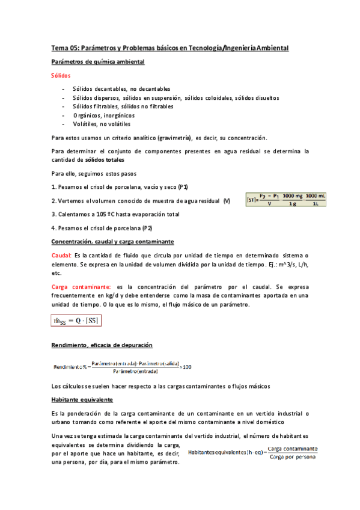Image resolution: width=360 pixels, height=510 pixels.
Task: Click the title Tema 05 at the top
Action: (x=169, y=48)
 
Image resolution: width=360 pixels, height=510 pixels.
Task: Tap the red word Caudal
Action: (x=61, y=256)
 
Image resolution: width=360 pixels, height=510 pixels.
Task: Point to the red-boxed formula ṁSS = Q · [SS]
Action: (x=76, y=321)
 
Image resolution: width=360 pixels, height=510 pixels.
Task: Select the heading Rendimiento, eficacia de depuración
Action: (x=102, y=345)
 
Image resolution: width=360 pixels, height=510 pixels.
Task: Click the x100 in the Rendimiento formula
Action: (x=186, y=367)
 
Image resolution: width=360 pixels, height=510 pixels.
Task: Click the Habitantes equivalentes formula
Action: (x=254, y=451)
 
